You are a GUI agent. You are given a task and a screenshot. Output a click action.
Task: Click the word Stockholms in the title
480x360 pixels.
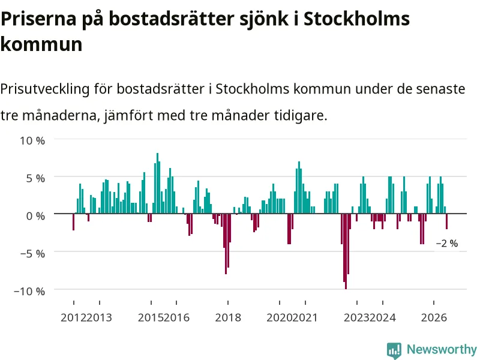pyautogui.click(x=356, y=19)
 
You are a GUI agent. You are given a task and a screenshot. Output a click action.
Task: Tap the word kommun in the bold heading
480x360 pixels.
pyautogui.click(x=41, y=44)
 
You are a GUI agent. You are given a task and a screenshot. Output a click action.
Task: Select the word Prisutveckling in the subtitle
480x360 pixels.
pyautogui.click(x=45, y=89)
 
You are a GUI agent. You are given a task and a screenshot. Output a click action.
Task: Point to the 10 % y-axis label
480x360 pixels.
pyautogui.click(x=32, y=141)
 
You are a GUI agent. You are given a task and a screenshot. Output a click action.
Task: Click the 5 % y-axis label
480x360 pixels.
pyautogui.click(x=35, y=178)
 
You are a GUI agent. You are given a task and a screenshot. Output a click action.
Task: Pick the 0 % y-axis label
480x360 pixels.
pyautogui.click(x=35, y=216)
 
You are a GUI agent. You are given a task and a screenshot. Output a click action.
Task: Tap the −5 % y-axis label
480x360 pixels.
pyautogui.click(x=32, y=254)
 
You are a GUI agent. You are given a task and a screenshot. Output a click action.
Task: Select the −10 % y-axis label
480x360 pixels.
pyautogui.click(x=29, y=291)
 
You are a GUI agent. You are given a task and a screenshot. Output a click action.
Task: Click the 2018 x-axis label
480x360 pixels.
pyautogui.click(x=228, y=317)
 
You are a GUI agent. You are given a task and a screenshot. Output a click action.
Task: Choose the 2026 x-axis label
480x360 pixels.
pyautogui.click(x=434, y=317)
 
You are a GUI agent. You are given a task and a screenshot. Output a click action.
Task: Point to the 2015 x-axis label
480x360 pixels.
pyautogui.click(x=151, y=317)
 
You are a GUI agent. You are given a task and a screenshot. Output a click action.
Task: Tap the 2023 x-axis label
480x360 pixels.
pyautogui.click(x=356, y=317)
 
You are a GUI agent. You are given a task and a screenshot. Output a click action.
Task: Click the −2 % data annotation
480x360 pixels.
pyautogui.click(x=447, y=244)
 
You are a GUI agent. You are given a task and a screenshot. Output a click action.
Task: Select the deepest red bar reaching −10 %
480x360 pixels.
pyautogui.click(x=346, y=251)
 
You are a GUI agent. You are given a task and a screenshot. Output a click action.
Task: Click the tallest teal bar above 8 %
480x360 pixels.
pyautogui.click(x=158, y=183)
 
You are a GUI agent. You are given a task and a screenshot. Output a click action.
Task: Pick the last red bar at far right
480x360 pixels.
pyautogui.click(x=446, y=221)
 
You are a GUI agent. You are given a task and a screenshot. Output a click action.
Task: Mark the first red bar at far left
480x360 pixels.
pyautogui.click(x=73, y=222)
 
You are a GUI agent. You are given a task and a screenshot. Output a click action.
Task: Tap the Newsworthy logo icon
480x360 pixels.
pyautogui.click(x=394, y=350)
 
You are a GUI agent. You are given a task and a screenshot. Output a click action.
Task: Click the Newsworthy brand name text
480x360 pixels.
pyautogui.click(x=442, y=349)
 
